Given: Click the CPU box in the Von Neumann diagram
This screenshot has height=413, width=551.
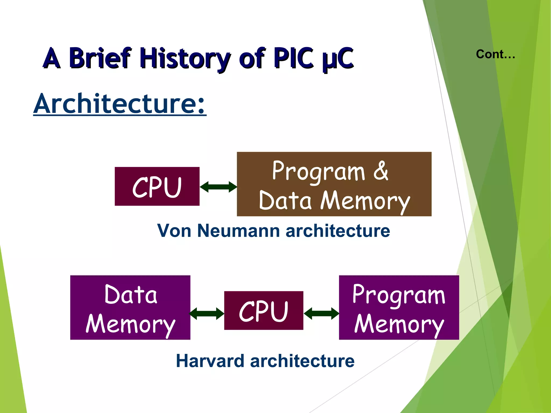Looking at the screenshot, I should point(157,186).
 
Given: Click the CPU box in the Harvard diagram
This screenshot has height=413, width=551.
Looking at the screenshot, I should point(263,311).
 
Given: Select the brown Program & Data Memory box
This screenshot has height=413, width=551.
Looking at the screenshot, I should point(334,184).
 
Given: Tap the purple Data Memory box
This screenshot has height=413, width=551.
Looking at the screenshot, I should point(130,307).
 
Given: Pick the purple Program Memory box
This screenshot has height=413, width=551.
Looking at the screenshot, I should point(399,307).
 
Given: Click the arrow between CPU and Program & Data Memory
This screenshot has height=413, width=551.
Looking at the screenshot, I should point(218,187).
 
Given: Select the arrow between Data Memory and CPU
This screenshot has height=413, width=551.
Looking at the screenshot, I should point(207,314).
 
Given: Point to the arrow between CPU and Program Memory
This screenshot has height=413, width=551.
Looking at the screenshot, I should point(321,314).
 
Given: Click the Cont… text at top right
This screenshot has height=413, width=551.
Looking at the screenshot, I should point(495,54).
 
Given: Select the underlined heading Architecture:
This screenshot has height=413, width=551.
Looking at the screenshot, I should point(120,104).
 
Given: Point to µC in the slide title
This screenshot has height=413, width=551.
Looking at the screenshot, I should point(338,58).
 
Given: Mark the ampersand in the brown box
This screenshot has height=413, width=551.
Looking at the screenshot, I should point(381,171).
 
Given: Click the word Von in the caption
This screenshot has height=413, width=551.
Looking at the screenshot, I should point(174,231).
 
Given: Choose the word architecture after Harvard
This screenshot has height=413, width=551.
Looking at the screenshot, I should point(302,361).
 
